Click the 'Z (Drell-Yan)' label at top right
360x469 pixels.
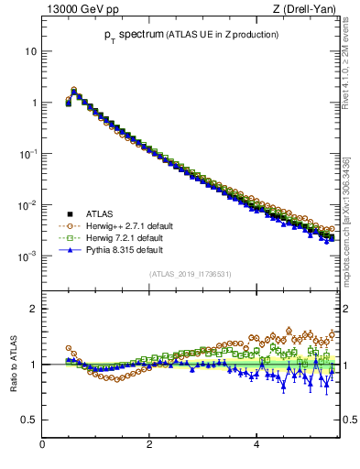click(306, 9)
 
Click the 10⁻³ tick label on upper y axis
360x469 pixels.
click(27, 256)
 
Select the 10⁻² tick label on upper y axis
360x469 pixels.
click(27, 205)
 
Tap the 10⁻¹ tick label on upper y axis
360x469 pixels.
click(27, 154)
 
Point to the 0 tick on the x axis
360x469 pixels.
click(42, 445)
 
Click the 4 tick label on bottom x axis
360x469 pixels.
click(256, 445)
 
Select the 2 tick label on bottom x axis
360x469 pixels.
click(149, 445)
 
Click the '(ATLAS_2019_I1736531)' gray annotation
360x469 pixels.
click(190, 274)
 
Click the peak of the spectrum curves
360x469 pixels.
click(74, 91)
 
